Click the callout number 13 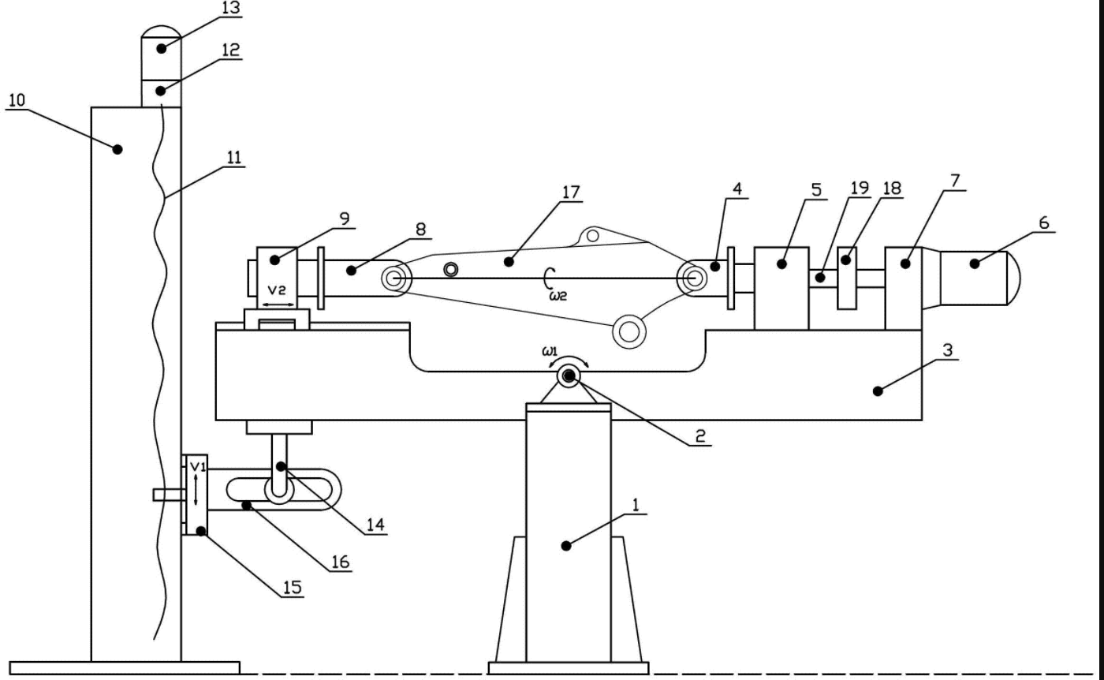230,8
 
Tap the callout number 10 17,100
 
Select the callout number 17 571,192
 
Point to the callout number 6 1044,223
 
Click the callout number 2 700,436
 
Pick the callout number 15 293,587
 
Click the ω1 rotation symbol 550,351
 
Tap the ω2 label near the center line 558,296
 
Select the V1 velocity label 198,466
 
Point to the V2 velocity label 277,290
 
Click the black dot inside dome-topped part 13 161,49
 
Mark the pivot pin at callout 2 569,377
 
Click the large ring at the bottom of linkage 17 629,331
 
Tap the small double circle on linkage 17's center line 450,269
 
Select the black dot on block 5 781,264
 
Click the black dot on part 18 845,260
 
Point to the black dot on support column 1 566,546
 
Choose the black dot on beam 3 878,391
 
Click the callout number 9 345,219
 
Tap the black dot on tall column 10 117,149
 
